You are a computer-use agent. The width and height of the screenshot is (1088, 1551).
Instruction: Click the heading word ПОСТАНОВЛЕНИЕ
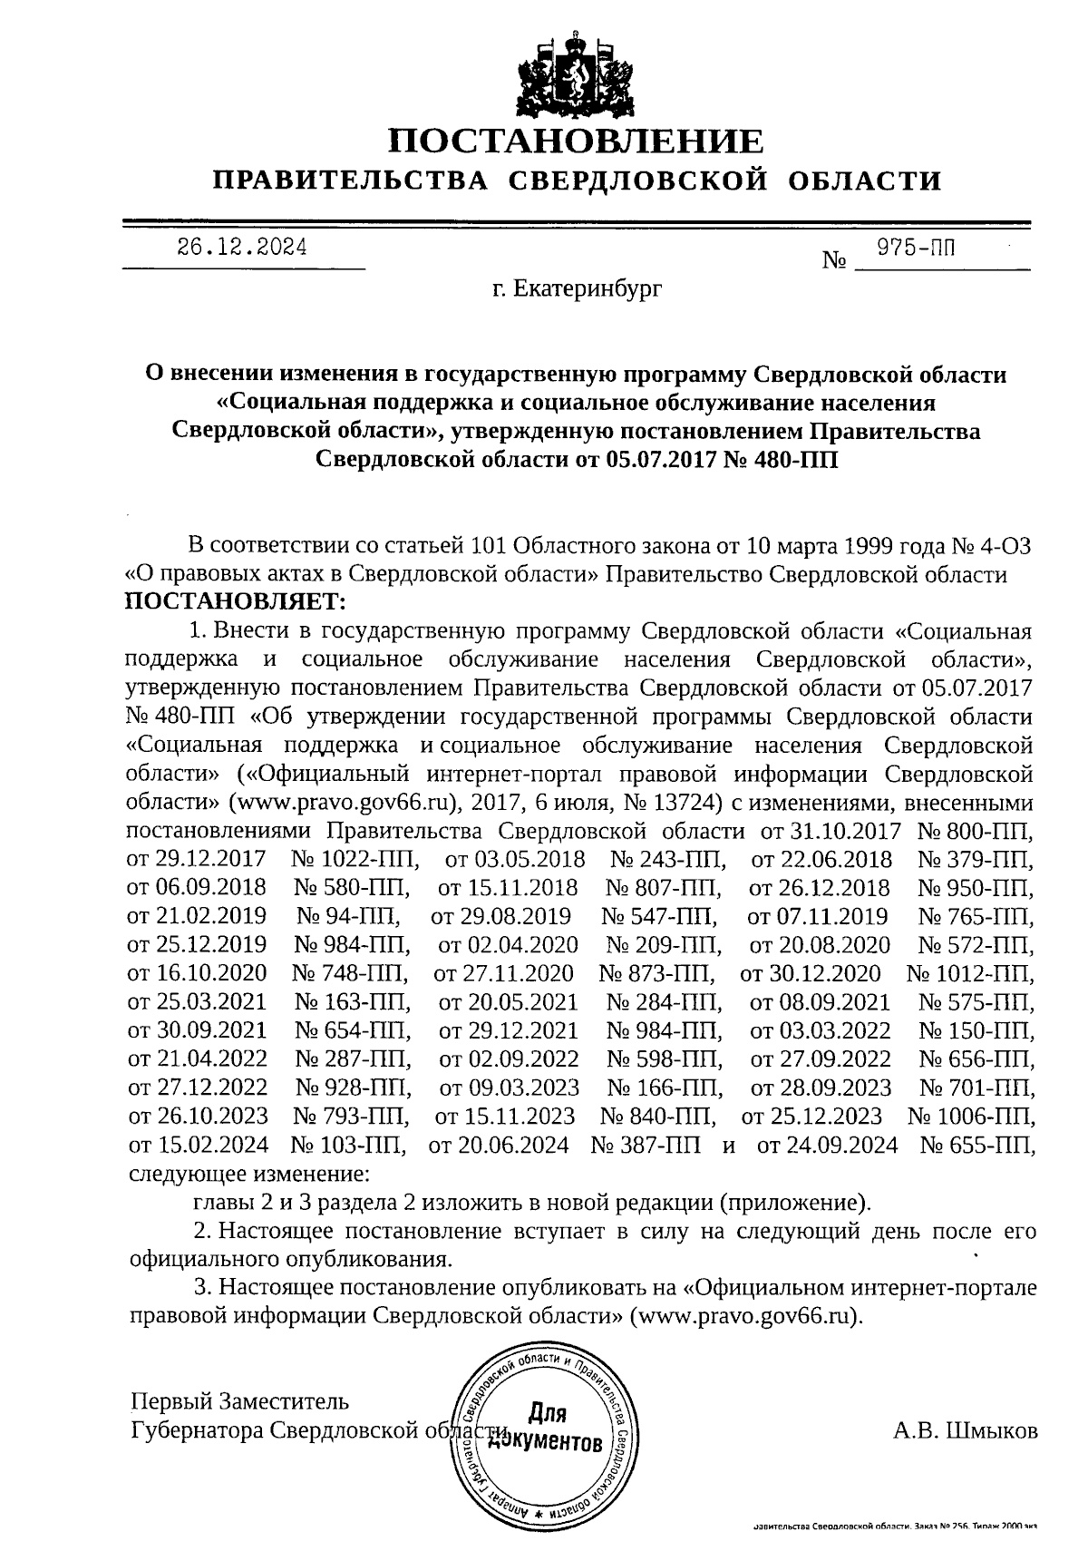click(x=576, y=141)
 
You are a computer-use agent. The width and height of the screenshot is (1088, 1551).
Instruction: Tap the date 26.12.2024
click(x=241, y=247)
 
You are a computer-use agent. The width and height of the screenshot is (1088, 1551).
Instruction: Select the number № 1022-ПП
click(x=355, y=858)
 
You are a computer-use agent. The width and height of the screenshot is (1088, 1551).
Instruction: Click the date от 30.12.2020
click(x=811, y=973)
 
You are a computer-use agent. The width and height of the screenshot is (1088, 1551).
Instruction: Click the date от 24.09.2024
click(x=827, y=1145)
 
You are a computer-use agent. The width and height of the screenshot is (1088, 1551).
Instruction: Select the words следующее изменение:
click(x=249, y=1174)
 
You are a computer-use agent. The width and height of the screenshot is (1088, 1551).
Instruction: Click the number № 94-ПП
click(x=349, y=916)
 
